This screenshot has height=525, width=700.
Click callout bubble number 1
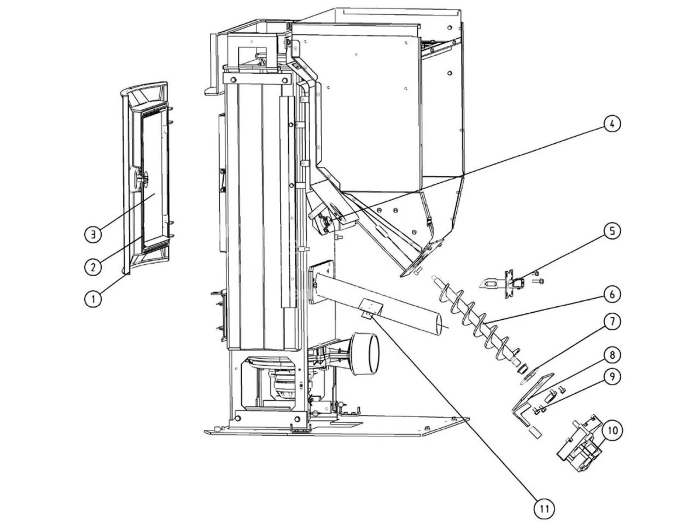(93, 299)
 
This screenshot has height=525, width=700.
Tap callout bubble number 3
(93, 234)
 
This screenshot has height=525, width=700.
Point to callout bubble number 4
(612, 124)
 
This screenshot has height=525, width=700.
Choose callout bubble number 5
(612, 231)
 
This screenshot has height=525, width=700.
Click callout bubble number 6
(612, 295)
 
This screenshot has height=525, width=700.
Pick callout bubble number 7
(612, 323)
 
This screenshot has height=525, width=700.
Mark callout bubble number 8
(612, 355)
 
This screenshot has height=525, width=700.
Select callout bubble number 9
(612, 376)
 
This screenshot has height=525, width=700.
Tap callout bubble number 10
(612, 430)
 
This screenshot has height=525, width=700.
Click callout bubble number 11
(544, 508)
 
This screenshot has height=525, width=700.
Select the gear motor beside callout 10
(579, 442)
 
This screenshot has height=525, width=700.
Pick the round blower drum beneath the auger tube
(364, 353)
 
